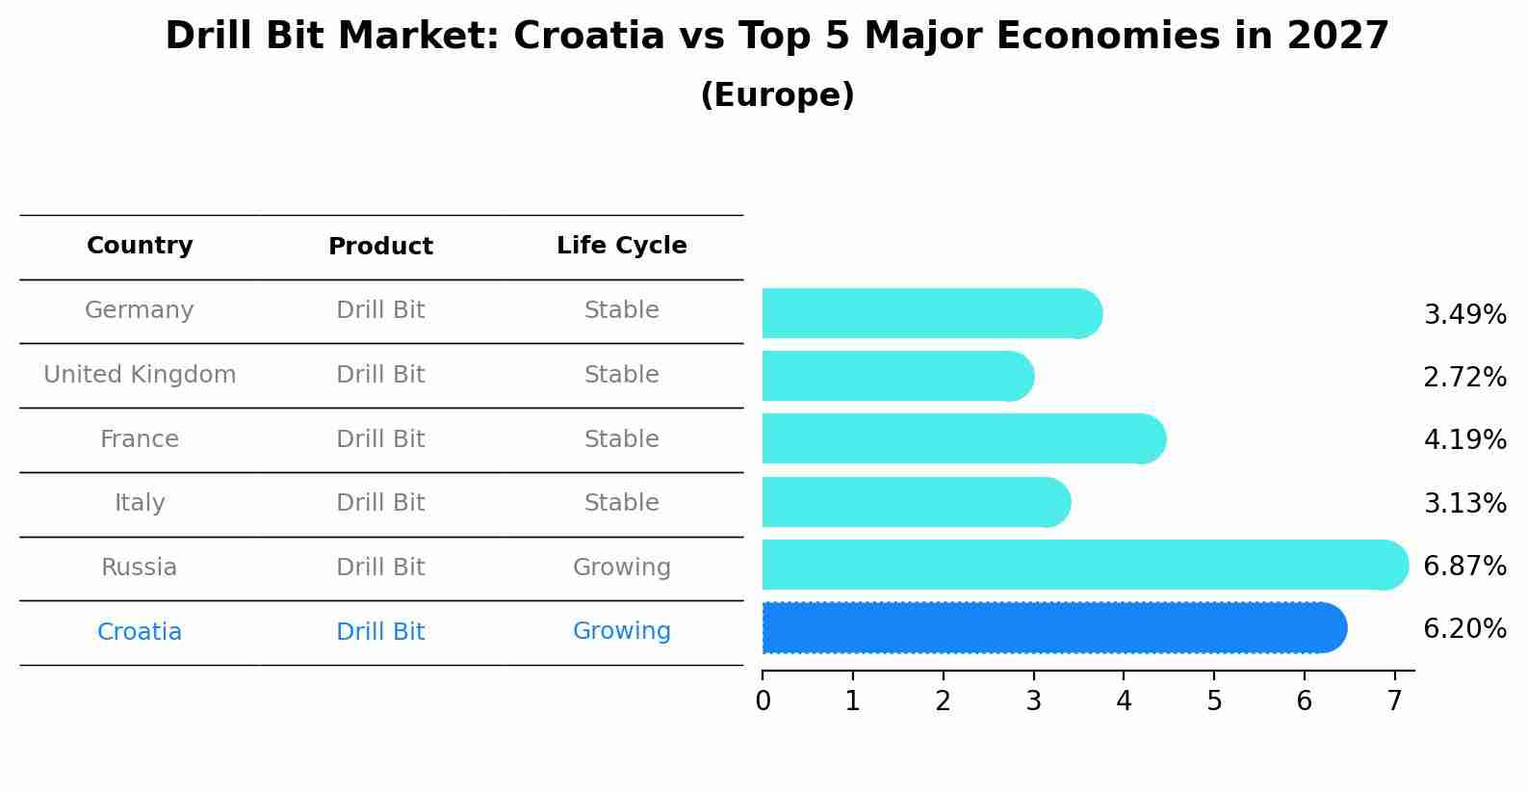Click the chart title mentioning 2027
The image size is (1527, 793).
click(x=777, y=37)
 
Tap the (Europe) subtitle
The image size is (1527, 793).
click(x=777, y=95)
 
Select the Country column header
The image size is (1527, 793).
click(x=140, y=246)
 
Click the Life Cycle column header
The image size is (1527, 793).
click(x=621, y=246)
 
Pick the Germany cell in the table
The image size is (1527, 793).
click(x=140, y=310)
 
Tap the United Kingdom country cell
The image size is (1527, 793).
click(x=140, y=375)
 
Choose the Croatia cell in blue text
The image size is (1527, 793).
click(x=140, y=632)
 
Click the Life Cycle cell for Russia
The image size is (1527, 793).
click(x=621, y=568)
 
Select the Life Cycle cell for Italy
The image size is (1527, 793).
click(x=621, y=503)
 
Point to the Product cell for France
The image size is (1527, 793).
click(x=380, y=439)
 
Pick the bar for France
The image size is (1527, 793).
click(x=963, y=438)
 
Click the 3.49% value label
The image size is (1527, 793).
click(x=1464, y=315)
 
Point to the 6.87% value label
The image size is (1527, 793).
click(x=1464, y=566)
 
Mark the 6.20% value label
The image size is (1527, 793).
click(x=1464, y=629)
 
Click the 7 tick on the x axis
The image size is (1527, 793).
click(x=1394, y=701)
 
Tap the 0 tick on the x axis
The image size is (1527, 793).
click(x=763, y=701)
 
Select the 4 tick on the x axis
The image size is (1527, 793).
click(x=1124, y=701)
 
